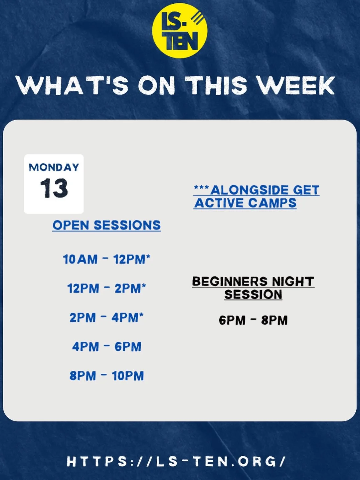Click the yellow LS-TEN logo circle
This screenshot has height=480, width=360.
pos(180,30)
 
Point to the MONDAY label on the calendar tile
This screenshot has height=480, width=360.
pos(54,167)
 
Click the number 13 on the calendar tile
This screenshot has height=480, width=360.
pos(54,188)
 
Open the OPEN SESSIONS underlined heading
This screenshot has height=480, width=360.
pos(106,225)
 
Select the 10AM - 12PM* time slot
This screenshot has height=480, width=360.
pos(106,259)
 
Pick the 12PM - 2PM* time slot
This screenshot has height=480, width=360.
pos(106,289)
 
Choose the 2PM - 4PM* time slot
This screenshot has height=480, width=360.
pos(106,318)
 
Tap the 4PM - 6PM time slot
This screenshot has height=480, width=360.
pos(106,347)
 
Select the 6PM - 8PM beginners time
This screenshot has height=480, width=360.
pos(253,320)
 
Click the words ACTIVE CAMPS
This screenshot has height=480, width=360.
pos(245,203)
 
